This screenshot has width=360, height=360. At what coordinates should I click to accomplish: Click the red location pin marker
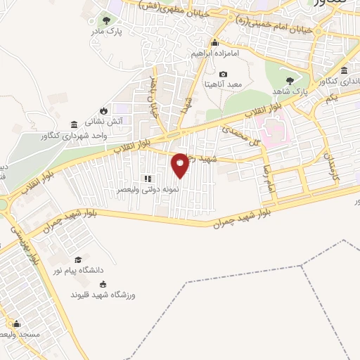(180, 164)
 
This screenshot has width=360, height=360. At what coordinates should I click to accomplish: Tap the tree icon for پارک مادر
(106, 20)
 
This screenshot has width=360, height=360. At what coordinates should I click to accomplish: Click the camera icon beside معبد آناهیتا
(224, 75)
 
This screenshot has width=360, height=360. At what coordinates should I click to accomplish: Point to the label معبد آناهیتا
(223, 84)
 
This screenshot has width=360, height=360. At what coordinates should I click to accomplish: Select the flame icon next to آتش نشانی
(104, 110)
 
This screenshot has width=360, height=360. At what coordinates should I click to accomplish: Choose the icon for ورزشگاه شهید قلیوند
(104, 284)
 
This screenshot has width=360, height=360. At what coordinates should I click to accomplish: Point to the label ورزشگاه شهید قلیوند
(105, 295)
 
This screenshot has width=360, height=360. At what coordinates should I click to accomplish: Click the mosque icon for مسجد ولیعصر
(15, 324)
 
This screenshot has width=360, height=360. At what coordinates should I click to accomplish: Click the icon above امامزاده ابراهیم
(214, 42)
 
